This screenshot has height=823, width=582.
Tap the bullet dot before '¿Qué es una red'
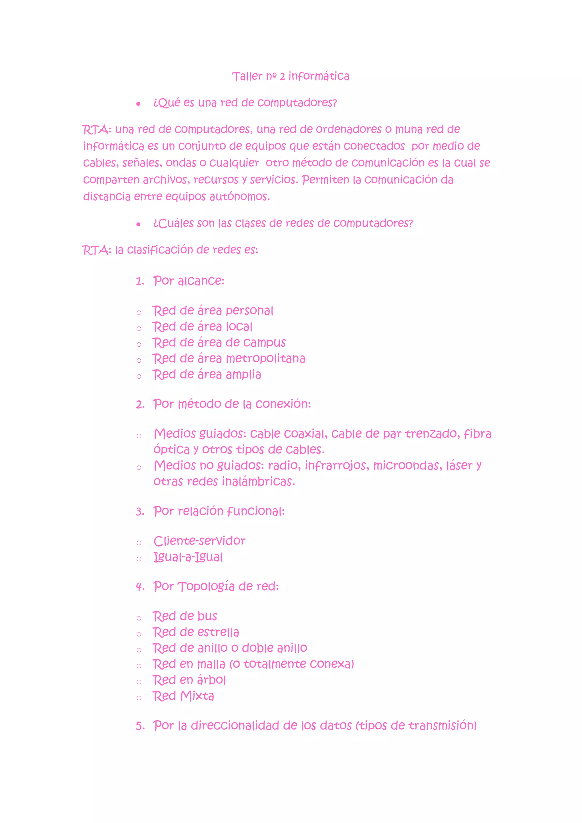click(138, 104)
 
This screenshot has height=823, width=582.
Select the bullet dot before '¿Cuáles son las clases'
click(138, 225)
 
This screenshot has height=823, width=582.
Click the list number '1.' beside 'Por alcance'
click(140, 282)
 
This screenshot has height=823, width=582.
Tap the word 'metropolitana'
click(265, 358)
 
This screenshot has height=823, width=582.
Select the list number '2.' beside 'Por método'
click(140, 405)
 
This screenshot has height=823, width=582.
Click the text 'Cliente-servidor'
click(199, 541)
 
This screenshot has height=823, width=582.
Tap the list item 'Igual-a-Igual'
click(188, 557)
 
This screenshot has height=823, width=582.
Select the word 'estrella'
click(218, 632)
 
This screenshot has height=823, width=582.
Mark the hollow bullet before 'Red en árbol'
click(139, 682)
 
